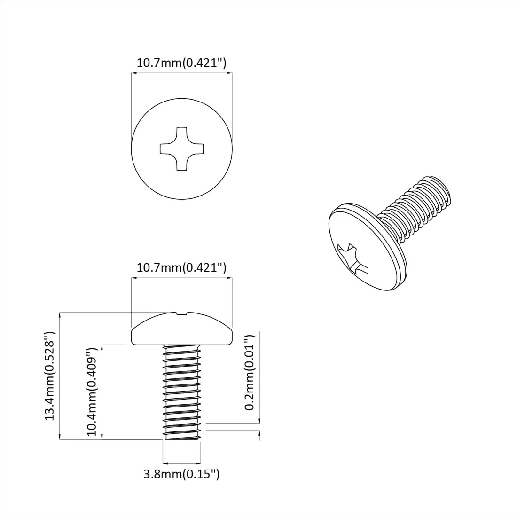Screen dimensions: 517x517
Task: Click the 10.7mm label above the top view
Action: pos(181,63)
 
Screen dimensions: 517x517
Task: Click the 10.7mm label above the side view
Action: pos(181,268)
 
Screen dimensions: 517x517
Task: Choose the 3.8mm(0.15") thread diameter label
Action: pos(181,474)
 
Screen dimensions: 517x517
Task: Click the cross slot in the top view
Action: pos(181,148)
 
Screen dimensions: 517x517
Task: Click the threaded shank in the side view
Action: pos(182,390)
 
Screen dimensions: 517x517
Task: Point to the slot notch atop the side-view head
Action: pos(182,313)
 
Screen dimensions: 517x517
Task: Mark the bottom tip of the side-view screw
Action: pos(182,439)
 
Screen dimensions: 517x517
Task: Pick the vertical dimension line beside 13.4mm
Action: pos(60,376)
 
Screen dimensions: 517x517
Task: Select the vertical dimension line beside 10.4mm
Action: pos(102,392)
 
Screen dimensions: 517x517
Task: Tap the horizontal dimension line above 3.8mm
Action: pos(181,463)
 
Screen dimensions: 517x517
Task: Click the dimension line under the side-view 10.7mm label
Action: pos(181,278)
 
